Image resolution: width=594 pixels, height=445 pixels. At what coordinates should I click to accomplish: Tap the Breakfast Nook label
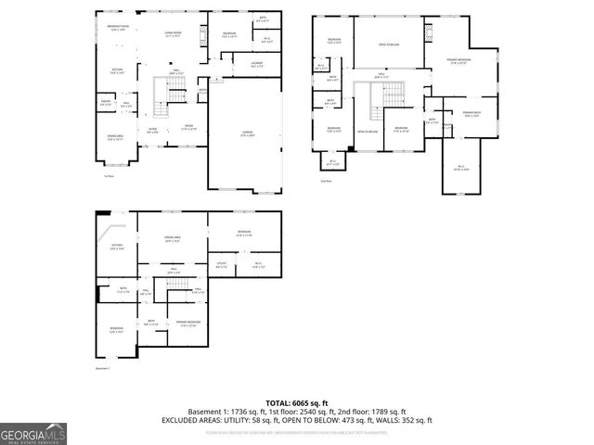(x=118, y=30)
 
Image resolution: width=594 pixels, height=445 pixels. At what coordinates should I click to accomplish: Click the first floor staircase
(x=175, y=90)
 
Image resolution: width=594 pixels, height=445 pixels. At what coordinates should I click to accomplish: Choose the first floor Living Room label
(x=173, y=34)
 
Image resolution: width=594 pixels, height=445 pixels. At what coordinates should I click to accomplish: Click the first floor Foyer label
(x=153, y=129)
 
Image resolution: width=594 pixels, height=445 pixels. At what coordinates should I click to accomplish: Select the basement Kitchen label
(x=117, y=248)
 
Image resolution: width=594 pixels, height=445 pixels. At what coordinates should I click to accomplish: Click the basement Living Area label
(x=172, y=239)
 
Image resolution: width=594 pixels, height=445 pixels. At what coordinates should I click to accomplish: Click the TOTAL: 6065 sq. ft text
(x=297, y=403)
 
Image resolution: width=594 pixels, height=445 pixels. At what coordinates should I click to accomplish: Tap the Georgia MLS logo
(x=33, y=432)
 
